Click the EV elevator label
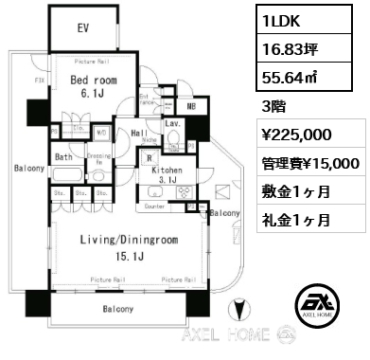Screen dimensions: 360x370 click(x=83, y=27)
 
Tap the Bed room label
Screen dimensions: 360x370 click(x=93, y=81)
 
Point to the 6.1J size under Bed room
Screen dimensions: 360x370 click(x=93, y=94)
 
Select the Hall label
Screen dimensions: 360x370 click(x=137, y=135)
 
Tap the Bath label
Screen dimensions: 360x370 click(x=62, y=156)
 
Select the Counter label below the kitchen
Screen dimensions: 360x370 click(x=156, y=205)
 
